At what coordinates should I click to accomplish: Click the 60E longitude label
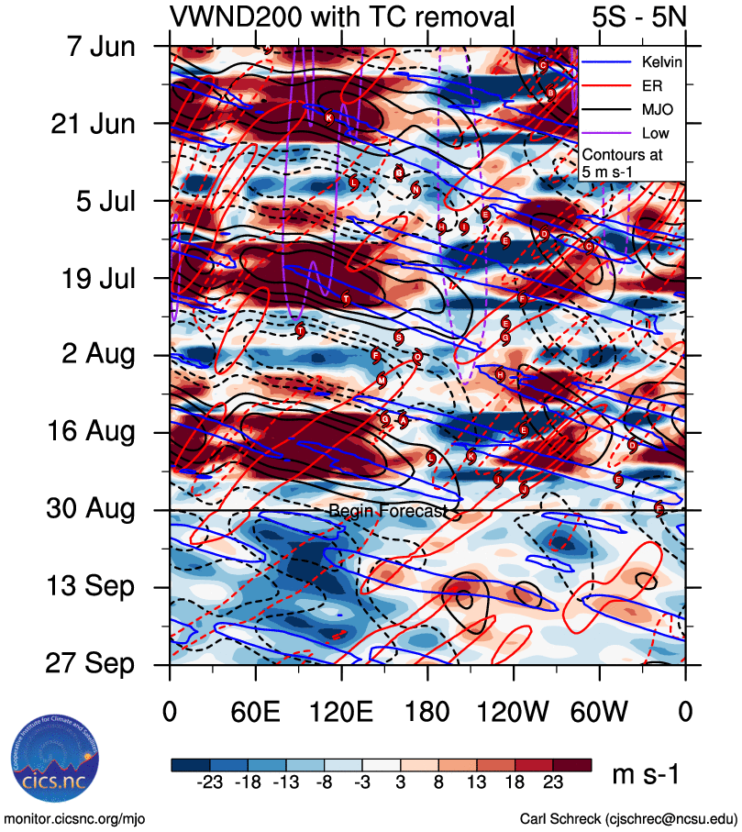point(255,712)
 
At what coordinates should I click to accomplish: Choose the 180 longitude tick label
point(426,712)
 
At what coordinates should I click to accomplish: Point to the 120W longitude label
point(513,712)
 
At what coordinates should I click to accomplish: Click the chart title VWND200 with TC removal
point(342,17)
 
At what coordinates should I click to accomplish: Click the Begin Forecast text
point(387,510)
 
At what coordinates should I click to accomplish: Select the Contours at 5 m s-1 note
point(623,163)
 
